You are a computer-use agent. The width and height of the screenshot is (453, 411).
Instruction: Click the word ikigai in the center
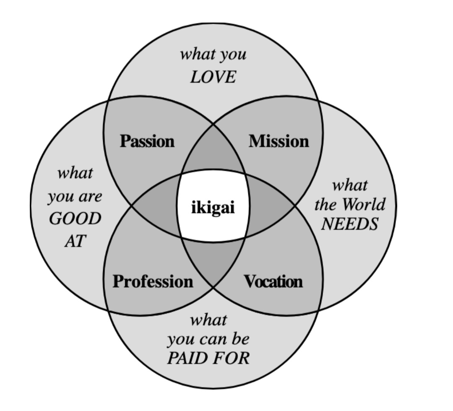point(213,208)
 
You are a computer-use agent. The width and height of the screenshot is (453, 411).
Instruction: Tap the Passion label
point(147,141)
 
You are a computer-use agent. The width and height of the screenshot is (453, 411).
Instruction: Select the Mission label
point(279,141)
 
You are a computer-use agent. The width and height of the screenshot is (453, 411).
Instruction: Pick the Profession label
point(153,281)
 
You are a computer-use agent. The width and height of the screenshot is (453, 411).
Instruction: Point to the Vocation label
point(273,281)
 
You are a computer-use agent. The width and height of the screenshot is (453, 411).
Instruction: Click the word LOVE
point(213,77)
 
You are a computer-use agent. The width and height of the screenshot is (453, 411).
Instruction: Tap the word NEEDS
point(349,224)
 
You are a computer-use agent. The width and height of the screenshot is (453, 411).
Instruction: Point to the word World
point(363,205)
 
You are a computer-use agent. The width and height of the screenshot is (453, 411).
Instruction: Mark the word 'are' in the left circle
point(90,196)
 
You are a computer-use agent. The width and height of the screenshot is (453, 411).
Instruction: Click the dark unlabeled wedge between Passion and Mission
point(213,153)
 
